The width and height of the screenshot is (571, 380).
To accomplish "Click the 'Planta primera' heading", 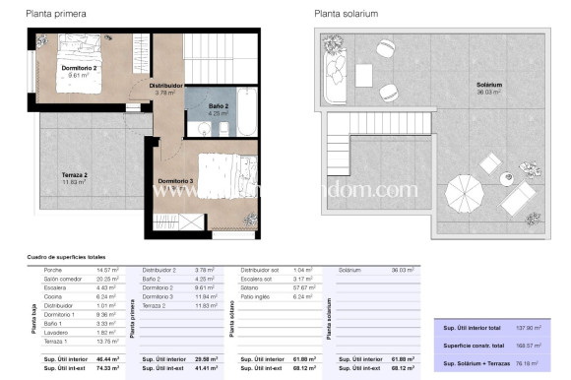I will (55, 14).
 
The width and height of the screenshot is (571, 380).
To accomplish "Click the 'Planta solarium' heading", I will (348, 14).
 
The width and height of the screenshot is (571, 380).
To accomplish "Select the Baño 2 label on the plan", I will (219, 106).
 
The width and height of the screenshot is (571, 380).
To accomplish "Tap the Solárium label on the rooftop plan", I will (489, 87).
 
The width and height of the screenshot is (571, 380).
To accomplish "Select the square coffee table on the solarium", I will (364, 73).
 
